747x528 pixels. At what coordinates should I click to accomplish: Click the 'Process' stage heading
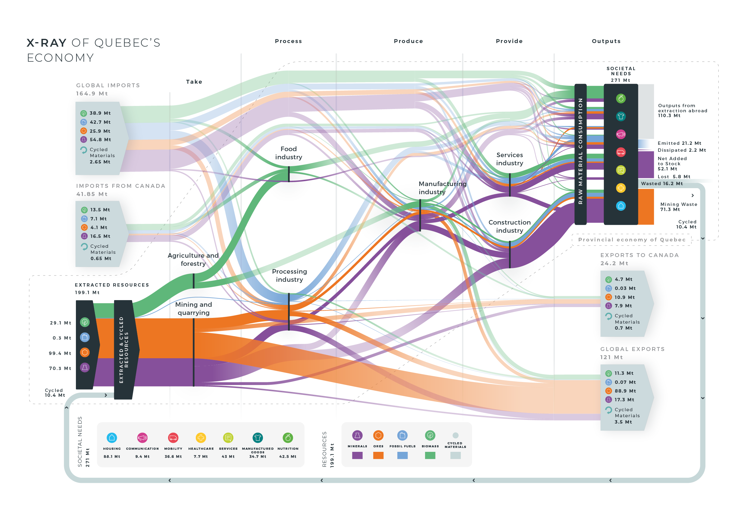click(x=288, y=41)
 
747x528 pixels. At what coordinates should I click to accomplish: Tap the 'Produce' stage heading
click(x=408, y=41)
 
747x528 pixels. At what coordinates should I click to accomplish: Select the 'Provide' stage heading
click(x=509, y=41)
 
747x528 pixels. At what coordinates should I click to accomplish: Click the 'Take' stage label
click(x=194, y=82)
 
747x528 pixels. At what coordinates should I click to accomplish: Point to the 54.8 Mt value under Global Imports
click(x=100, y=140)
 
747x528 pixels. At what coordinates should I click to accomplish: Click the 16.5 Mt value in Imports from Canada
click(x=100, y=236)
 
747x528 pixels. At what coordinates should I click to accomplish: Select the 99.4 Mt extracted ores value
click(x=60, y=353)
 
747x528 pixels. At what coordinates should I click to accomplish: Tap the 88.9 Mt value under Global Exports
click(x=625, y=391)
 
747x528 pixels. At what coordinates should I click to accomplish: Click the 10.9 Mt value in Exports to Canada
click(x=625, y=297)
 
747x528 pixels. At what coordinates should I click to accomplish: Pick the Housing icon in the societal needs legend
click(x=112, y=438)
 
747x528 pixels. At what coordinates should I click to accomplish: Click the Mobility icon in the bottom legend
click(x=173, y=438)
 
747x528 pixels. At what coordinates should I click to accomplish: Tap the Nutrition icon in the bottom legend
click(x=288, y=438)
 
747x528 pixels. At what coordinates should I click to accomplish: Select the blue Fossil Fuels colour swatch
click(x=402, y=455)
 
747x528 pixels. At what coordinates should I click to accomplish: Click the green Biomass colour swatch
click(x=430, y=455)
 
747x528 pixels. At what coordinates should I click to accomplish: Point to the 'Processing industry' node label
click(x=289, y=275)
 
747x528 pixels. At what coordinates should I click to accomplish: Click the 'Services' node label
click(x=509, y=155)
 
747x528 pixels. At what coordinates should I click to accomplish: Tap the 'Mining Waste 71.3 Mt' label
click(x=679, y=207)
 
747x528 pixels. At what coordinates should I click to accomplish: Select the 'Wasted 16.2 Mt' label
click(x=662, y=184)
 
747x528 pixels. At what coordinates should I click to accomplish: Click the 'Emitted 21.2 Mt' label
click(x=679, y=143)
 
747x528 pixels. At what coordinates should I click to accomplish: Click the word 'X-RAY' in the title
click(x=46, y=43)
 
